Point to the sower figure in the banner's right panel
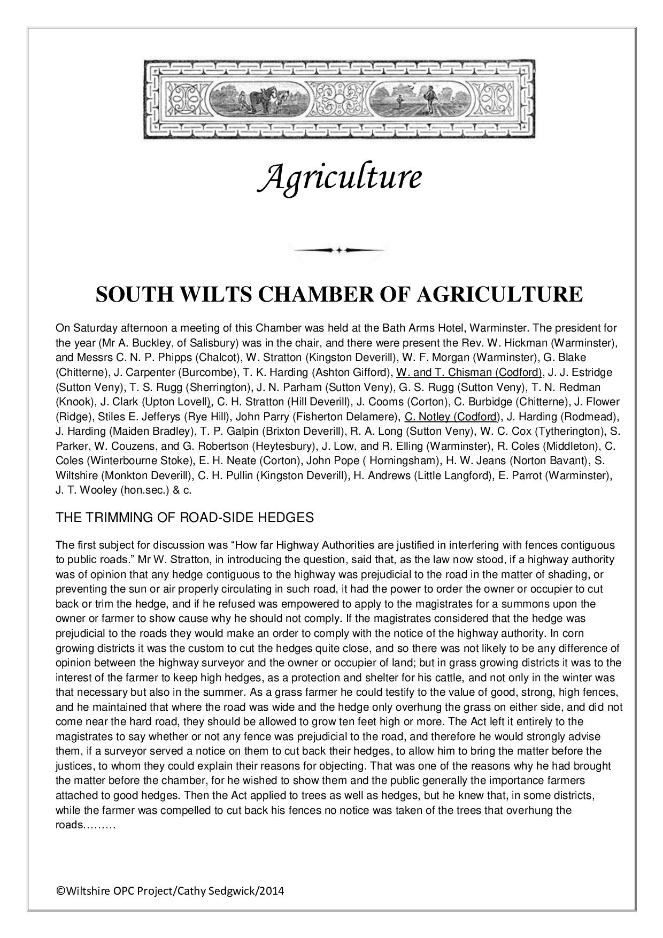tap(427, 100)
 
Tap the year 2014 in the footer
tap(273, 891)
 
